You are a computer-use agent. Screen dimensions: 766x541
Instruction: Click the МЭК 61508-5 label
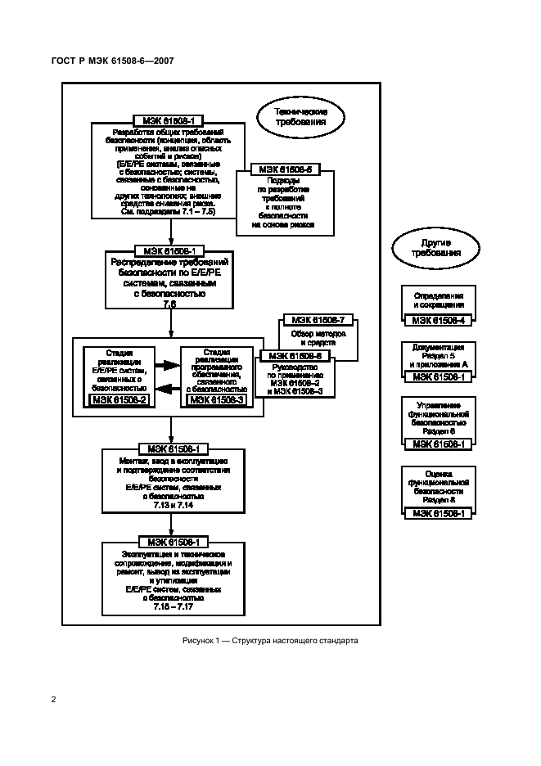[x=284, y=169]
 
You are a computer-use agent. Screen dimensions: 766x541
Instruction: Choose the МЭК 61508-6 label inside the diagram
[x=296, y=356]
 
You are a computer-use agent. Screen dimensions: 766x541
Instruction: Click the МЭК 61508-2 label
[x=121, y=399]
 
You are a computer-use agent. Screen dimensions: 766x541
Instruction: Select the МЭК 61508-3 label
[x=217, y=399]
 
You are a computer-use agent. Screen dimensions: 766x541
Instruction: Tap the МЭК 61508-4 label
[x=439, y=320]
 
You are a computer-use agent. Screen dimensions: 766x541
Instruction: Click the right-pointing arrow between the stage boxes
[x=169, y=366]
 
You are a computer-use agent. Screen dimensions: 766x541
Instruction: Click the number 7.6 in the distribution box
[x=169, y=304]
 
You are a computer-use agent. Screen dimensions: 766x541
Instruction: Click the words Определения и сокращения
[x=439, y=300]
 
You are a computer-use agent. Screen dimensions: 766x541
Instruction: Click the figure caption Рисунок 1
[x=270, y=640]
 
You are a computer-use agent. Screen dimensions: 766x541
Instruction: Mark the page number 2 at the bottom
[x=53, y=700]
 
